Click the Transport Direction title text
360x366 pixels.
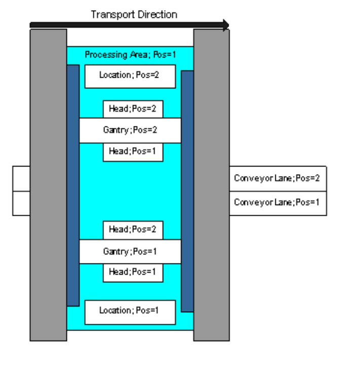[134, 14]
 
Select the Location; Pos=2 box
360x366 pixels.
[130, 76]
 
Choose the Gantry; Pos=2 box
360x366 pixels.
[130, 130]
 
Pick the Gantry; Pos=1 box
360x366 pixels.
[130, 251]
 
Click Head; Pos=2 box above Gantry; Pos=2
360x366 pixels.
[133, 109]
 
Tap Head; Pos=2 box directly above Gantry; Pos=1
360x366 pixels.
[133, 230]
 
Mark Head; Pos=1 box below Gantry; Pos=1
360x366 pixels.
[133, 272]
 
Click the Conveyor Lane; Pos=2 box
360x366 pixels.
[278, 179]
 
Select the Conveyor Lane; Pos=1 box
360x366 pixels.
[278, 203]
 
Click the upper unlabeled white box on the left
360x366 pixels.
[21, 179]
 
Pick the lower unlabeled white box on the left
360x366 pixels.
[21, 203]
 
